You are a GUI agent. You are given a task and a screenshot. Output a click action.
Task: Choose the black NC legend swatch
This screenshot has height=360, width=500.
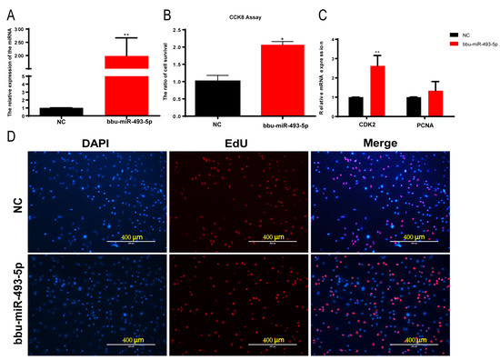[445, 30]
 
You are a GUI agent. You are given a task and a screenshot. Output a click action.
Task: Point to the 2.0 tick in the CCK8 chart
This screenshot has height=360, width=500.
[182, 46]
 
